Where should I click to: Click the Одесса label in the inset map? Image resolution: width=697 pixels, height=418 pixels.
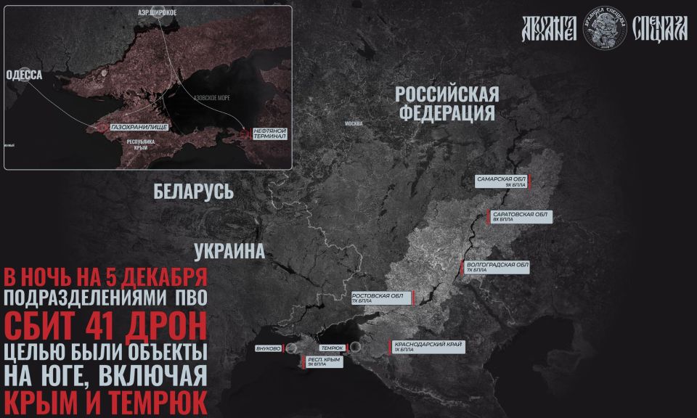pos(24,75)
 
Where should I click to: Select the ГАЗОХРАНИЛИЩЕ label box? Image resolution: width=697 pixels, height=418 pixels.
pos(139,127)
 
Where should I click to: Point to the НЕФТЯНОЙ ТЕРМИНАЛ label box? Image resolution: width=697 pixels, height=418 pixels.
pos(271,133)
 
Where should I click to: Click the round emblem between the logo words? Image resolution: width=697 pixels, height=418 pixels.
pos(606,29)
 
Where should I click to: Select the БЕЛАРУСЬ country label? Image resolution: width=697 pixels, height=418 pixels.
pos(193,192)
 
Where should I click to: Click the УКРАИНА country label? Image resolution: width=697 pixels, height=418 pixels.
pos(229,252)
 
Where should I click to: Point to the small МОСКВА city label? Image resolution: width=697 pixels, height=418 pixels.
pos(354,123)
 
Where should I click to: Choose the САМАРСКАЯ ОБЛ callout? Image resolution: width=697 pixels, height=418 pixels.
pos(502,181)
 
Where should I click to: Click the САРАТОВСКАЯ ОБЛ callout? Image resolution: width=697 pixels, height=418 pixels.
pos(519,217)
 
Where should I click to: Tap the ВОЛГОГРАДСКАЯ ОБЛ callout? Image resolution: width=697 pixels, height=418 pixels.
pos(497,266)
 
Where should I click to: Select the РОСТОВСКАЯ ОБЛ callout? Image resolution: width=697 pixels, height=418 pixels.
pos(378,298)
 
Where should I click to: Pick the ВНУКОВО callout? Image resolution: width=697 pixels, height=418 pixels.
pos(269,348)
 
